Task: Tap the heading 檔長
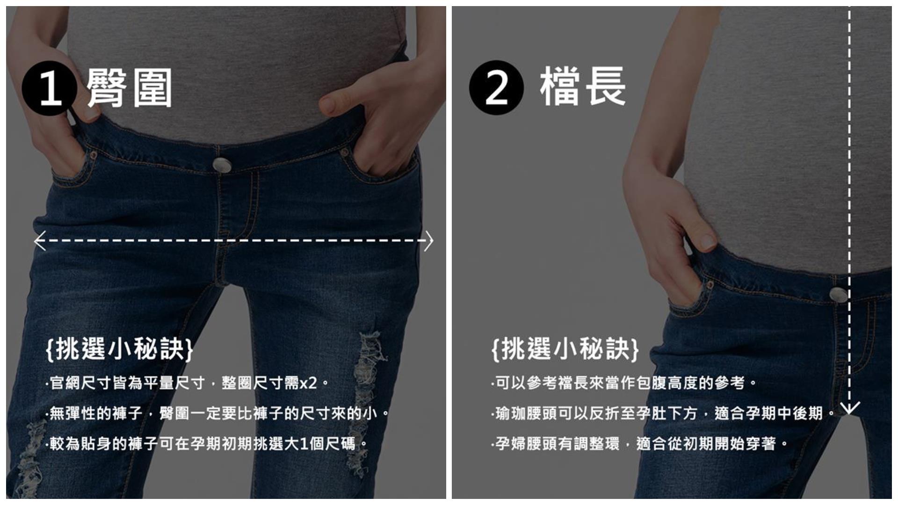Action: [583, 87]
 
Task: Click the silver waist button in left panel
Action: [221, 164]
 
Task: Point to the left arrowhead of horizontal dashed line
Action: [39, 241]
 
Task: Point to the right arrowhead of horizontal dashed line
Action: [429, 241]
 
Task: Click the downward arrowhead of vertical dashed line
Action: [849, 408]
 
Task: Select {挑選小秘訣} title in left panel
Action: [120, 349]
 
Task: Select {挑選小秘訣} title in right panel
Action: [565, 349]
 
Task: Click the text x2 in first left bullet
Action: [308, 384]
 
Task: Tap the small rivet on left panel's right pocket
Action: [345, 152]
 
